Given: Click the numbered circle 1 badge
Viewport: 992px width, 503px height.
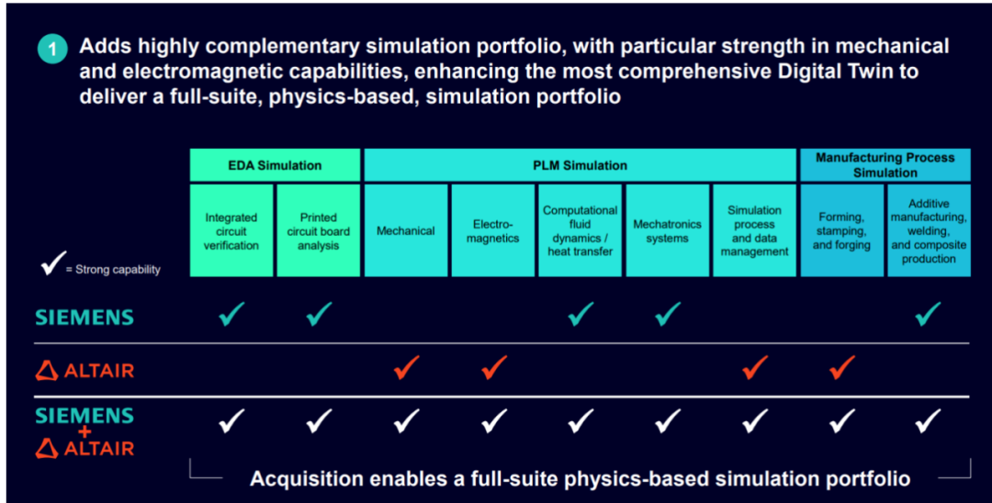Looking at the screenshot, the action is coord(51,50).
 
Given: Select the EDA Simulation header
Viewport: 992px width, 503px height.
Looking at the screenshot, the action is coord(276,165).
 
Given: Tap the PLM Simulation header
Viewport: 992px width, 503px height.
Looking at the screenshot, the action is coord(580,165).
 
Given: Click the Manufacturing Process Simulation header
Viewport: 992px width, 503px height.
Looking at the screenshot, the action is coord(885,165).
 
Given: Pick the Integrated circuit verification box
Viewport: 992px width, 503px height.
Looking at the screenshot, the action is coord(231,230).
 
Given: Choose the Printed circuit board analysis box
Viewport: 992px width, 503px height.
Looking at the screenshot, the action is coord(318,230).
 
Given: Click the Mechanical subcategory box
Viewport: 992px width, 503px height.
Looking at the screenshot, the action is coord(406,230).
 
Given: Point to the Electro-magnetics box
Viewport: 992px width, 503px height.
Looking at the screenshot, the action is coord(493,230).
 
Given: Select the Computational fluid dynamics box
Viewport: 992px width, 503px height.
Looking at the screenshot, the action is coord(581,230).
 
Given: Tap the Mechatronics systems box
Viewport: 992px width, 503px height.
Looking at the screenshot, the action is coord(668,230).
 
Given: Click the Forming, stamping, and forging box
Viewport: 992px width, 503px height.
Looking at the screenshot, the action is coord(842,230).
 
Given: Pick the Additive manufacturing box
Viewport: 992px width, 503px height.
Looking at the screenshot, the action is coord(929,230).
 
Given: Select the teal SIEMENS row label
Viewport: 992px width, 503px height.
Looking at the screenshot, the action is coord(85,317).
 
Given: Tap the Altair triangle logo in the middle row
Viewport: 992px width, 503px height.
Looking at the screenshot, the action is coord(47,371).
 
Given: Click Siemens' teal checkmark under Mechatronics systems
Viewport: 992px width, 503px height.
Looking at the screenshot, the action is coord(668,314).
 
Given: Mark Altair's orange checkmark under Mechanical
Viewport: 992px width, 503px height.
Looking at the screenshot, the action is coord(406,368).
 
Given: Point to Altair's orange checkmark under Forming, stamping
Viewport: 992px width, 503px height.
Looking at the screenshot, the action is coord(842,368).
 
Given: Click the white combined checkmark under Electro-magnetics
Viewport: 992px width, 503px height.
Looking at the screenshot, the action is coord(493,421).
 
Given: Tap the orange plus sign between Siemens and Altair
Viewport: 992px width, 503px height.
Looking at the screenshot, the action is coord(85,433).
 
